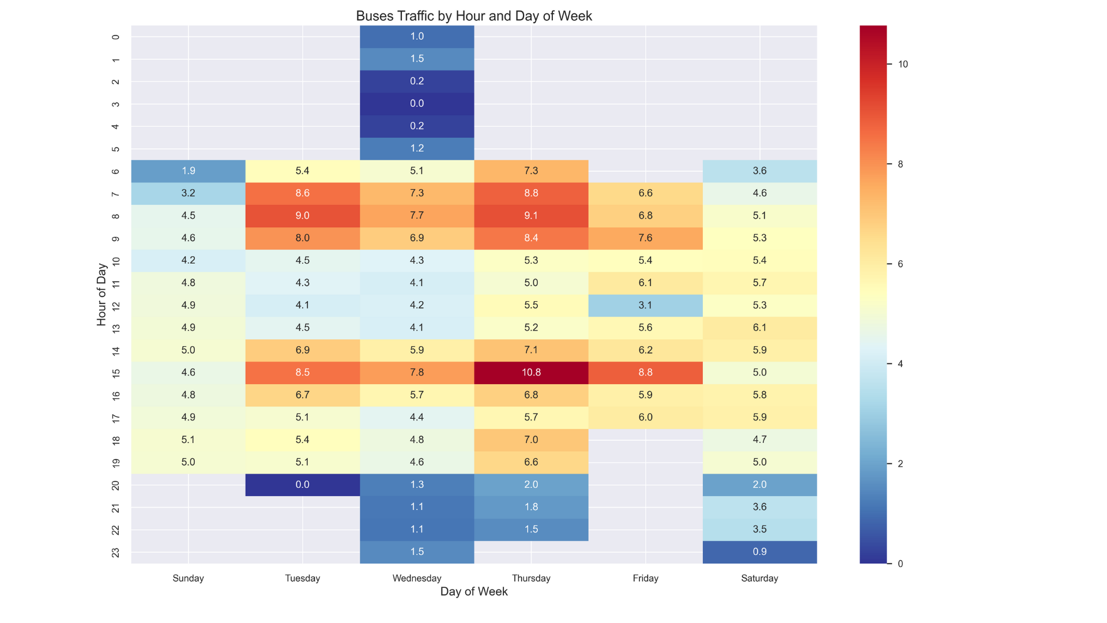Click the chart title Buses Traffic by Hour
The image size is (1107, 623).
473,16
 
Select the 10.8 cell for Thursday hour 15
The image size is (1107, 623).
531,373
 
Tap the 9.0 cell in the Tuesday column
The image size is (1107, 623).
303,216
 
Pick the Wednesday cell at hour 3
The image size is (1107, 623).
417,104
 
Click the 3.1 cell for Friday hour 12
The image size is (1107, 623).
645,305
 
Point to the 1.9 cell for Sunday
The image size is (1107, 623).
189,171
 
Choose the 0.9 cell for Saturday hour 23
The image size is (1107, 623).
759,552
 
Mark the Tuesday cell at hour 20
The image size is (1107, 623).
303,485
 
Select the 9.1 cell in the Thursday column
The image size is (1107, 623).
531,216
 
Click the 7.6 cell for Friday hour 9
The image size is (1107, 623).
645,238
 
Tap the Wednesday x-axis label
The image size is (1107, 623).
417,579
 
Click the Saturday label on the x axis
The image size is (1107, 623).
759,579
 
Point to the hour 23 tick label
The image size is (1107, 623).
116,553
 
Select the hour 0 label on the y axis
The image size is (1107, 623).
116,37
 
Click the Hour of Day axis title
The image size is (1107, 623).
101,295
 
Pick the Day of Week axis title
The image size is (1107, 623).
474,592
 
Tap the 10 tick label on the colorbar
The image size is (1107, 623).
903,65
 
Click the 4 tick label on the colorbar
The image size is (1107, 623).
900,364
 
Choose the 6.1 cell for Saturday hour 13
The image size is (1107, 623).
759,328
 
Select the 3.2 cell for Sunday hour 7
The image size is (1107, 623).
189,193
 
